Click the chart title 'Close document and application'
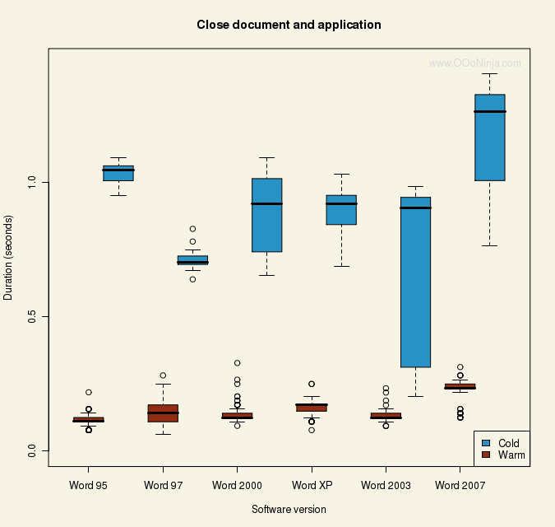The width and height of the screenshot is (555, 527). [289, 25]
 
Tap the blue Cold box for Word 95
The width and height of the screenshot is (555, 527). [118, 173]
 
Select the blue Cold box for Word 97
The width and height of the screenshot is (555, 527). [192, 260]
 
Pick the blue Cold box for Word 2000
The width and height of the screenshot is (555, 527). [266, 215]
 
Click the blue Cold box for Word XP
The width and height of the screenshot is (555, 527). [341, 210]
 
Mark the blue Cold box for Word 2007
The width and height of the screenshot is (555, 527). [489, 138]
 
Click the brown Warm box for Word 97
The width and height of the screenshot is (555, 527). [163, 413]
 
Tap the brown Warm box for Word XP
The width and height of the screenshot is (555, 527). [312, 407]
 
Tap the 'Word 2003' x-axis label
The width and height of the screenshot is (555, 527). [386, 485]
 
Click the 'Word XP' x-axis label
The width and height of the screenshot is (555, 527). [312, 485]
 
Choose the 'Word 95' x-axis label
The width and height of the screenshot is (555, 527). [89, 485]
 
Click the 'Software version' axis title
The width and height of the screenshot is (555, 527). [289, 510]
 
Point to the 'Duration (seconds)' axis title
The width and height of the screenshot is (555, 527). [9, 257]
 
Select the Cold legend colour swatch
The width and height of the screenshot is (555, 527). [485, 443]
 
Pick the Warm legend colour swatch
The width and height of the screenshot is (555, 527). [485, 455]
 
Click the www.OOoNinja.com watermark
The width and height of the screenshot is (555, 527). [475, 63]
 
